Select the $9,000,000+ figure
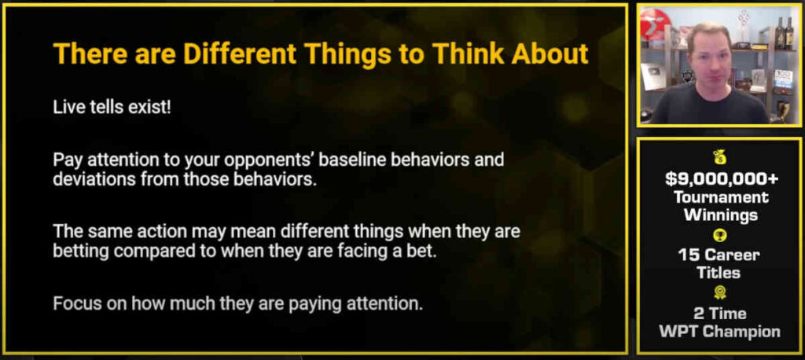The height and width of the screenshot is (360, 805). (x=722, y=178)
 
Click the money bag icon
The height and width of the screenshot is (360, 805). (x=721, y=157)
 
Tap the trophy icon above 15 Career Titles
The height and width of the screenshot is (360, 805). (x=720, y=236)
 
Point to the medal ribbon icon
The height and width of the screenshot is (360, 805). (x=720, y=293)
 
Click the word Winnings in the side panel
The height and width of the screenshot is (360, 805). (x=722, y=215)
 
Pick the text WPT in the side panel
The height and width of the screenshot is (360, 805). (x=678, y=331)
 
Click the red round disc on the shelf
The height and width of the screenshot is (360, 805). (x=655, y=26)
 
